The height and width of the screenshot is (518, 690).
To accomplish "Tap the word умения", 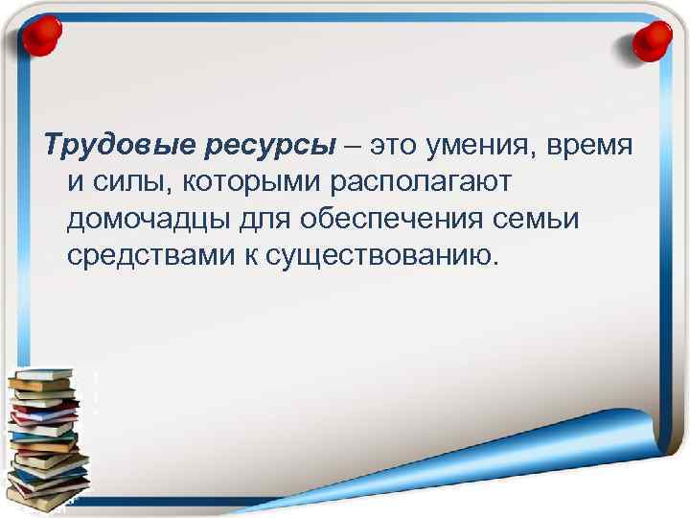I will [x=490, y=147].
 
